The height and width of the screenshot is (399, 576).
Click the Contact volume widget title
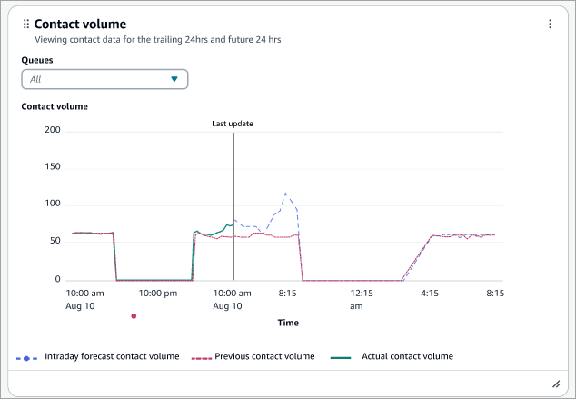[80, 24]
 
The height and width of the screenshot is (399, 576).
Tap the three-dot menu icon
[550, 24]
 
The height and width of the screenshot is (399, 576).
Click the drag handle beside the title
[25, 24]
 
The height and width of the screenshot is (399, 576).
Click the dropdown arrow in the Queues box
[174, 79]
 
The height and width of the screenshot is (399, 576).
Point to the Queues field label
[37, 59]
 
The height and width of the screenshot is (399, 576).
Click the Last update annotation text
[233, 124]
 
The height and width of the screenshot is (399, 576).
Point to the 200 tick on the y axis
[52, 130]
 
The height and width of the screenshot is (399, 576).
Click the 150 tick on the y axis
[52, 167]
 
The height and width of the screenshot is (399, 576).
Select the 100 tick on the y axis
[52, 204]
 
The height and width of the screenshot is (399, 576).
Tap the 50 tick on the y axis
[55, 243]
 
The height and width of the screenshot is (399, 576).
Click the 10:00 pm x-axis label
[157, 294]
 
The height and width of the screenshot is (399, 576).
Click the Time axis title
[287, 322]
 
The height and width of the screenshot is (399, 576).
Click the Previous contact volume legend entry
[263, 356]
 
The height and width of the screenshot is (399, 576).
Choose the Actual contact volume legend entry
[406, 356]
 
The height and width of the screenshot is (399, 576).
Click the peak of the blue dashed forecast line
[286, 193]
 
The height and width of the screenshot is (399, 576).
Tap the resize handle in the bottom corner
[556, 384]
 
